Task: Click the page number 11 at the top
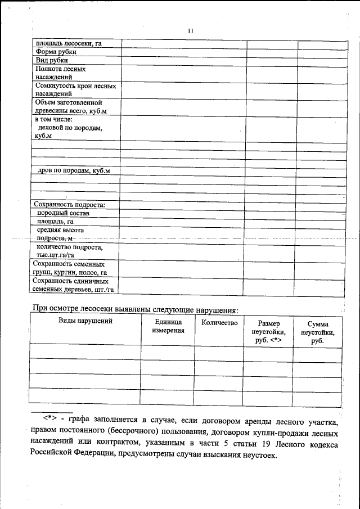pos(191,31)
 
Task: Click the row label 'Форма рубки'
pos(56,52)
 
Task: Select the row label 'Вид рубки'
pos(52,60)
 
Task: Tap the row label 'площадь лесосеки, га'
pos(68,43)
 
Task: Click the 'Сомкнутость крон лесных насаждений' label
pos(75,90)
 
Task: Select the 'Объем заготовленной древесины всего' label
pos(70,107)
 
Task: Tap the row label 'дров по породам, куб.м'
pos(74,170)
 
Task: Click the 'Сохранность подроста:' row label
pos(69,204)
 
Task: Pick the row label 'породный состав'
pos(63,213)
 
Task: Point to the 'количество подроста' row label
pos(70,251)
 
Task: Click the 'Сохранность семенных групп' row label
pos(69,268)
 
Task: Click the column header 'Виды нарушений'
pos(85,321)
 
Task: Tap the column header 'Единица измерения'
pos(168,326)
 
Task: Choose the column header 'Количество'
pos(219,323)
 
